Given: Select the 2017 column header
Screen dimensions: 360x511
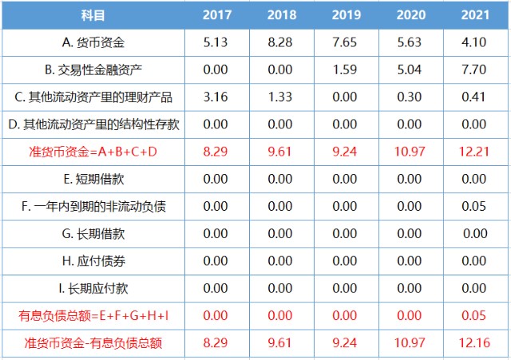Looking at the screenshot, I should tap(217, 15).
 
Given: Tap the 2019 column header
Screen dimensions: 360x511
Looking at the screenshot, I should tap(345, 15).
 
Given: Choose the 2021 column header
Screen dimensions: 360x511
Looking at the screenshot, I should tap(473, 15).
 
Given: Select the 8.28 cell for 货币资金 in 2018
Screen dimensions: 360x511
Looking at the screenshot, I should tap(281, 43).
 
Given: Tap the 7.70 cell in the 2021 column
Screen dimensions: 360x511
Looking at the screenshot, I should tap(473, 70).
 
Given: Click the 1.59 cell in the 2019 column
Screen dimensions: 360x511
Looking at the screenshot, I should tap(345, 70).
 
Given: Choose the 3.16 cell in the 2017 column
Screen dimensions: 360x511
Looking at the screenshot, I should tap(217, 97).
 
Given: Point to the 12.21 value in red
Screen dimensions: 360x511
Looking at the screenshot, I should tap(473, 152).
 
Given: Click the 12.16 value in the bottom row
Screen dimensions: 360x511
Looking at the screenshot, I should tap(473, 343).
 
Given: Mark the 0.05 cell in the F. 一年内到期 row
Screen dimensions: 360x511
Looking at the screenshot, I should tap(473, 206).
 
